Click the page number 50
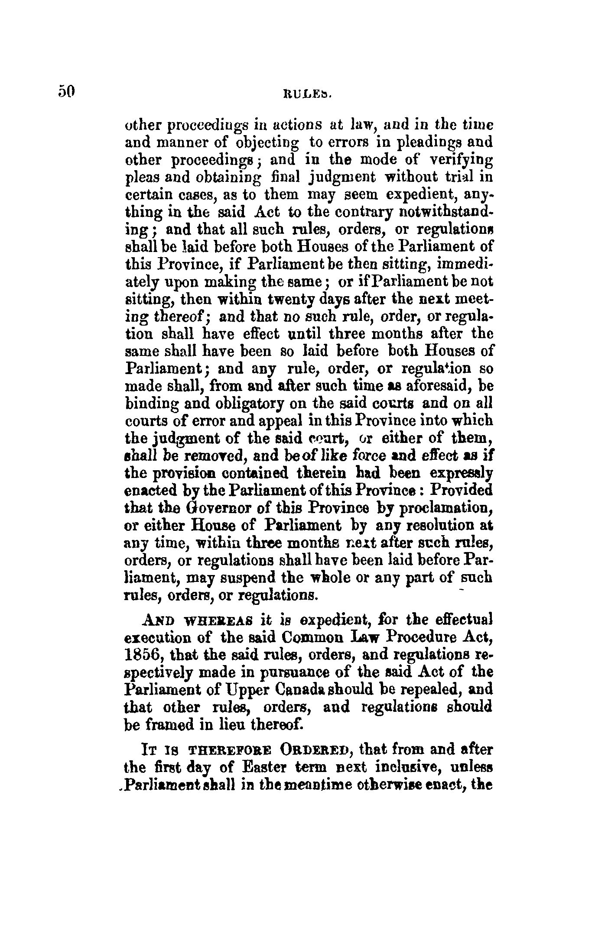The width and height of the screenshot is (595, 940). click(66, 91)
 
